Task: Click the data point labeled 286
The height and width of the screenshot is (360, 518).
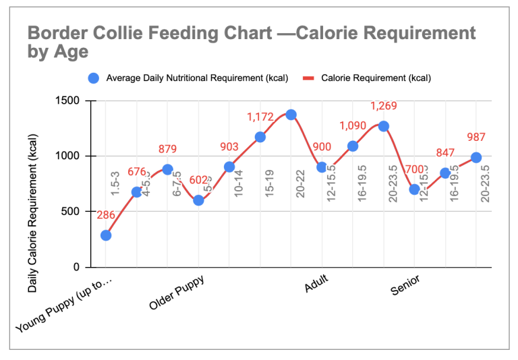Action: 106,235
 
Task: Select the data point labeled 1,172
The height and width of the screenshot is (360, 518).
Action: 260,137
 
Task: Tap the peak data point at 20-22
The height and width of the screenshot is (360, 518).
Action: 291,115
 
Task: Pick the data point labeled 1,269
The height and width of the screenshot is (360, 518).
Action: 384,126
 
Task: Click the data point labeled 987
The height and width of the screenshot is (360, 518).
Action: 476,157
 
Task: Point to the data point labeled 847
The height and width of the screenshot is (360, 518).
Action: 445,173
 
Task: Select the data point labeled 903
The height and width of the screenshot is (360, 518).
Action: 229,167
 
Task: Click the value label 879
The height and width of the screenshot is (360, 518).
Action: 168,149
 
